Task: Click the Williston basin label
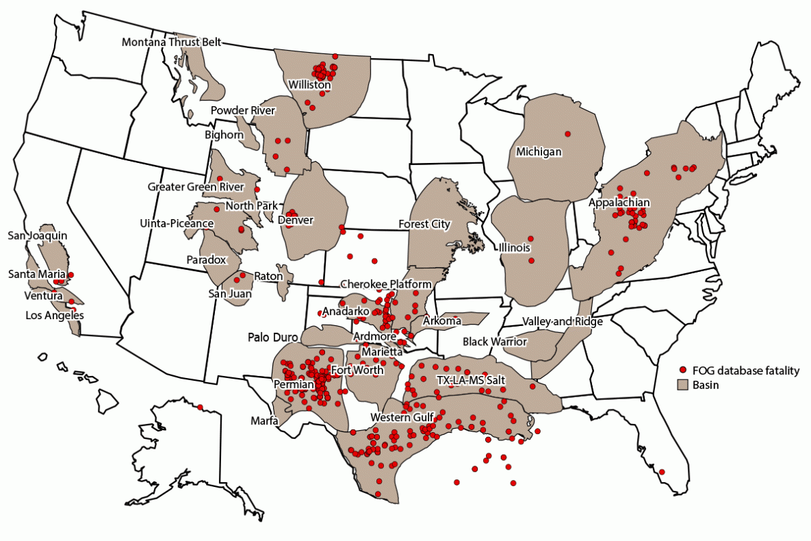tap(309, 86)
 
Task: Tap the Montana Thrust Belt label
tap(171, 42)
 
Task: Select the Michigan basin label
tap(539, 151)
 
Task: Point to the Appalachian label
tap(619, 203)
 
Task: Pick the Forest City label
tap(424, 224)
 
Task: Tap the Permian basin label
tap(293, 385)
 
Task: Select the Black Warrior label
tap(495, 341)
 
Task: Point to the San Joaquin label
tap(37, 235)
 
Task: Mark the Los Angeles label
tap(54, 316)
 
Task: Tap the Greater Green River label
tap(196, 186)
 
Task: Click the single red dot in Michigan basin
tap(567, 134)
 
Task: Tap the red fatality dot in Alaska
tap(200, 407)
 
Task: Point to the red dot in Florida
tap(661, 472)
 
